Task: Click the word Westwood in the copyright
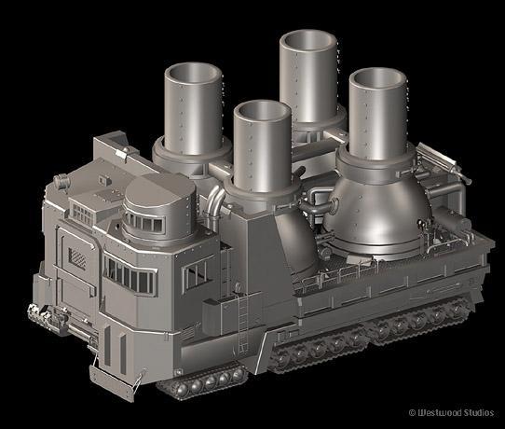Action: coord(435,413)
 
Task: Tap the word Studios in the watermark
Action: coord(474,413)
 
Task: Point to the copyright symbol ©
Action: coord(412,413)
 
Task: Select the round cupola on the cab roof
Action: coord(159,206)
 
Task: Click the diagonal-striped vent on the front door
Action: coord(77,257)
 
